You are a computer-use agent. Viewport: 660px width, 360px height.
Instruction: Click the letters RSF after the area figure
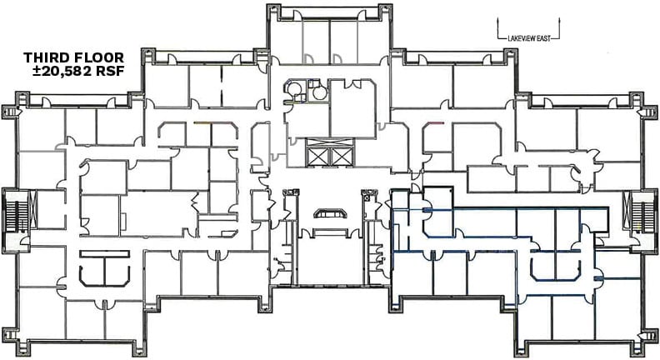(x=110, y=71)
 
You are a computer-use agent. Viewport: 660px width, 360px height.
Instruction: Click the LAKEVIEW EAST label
(x=529, y=38)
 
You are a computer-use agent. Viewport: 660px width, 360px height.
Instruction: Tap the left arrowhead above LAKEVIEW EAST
(x=498, y=20)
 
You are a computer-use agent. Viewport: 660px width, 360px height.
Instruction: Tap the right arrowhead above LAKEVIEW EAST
(x=560, y=20)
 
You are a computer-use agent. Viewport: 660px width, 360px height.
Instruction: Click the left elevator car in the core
(x=317, y=157)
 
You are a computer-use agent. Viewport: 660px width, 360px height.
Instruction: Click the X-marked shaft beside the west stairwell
(x=32, y=209)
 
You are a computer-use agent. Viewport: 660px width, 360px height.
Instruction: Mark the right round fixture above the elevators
(x=319, y=93)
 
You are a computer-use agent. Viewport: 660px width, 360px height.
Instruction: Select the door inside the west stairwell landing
(x=24, y=242)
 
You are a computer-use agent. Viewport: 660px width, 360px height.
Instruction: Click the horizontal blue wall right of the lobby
(x=516, y=208)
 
